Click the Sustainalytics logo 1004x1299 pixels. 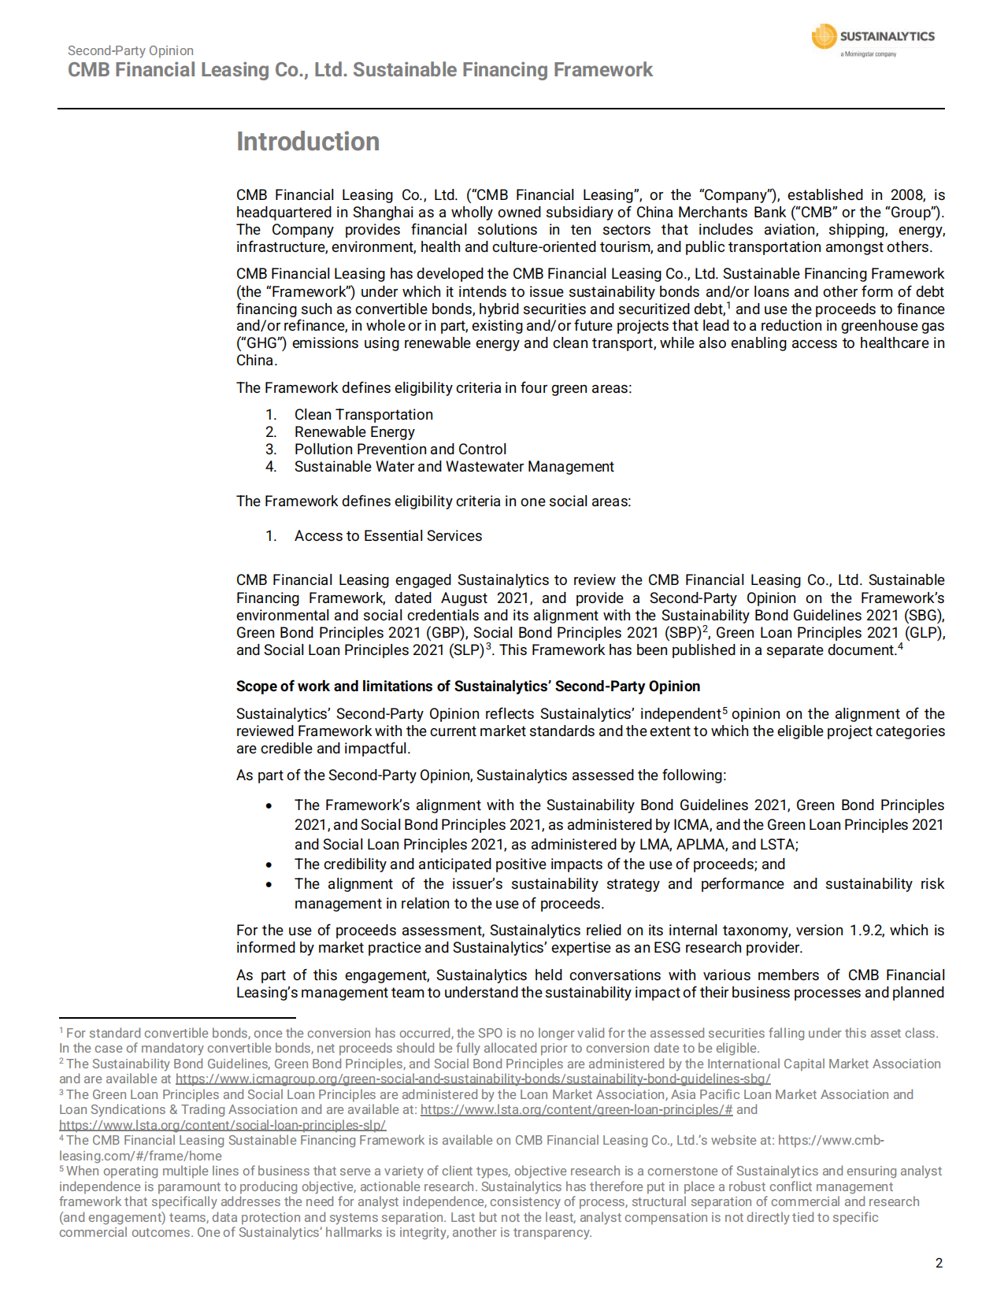[x=872, y=39]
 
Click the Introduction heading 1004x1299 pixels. [x=308, y=142]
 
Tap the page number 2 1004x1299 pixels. [x=939, y=1264]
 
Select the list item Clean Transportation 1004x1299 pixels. [x=363, y=415]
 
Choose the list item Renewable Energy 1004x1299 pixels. [x=354, y=432]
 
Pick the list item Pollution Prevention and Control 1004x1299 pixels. [x=400, y=450]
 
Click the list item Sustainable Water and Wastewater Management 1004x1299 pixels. [x=454, y=467]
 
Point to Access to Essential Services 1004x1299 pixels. [x=387, y=536]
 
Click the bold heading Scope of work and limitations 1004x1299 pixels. [x=468, y=687]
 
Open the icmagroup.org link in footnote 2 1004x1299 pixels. [x=472, y=1079]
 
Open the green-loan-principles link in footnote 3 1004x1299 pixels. [x=576, y=1110]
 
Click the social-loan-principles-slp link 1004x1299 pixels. [x=222, y=1126]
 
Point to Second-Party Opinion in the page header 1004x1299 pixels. [x=131, y=51]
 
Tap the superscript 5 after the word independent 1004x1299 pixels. [x=725, y=710]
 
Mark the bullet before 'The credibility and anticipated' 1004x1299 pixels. [x=269, y=865]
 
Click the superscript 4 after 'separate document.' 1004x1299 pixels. [x=900, y=647]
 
